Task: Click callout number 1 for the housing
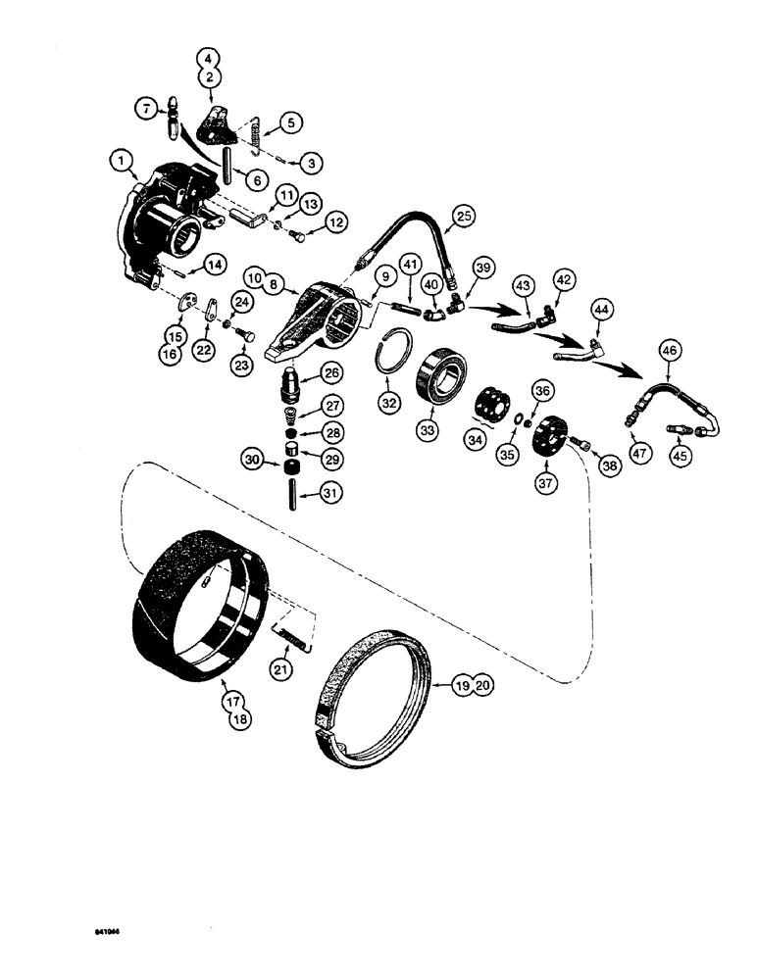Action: [120, 158]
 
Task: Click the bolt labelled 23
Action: [247, 336]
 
